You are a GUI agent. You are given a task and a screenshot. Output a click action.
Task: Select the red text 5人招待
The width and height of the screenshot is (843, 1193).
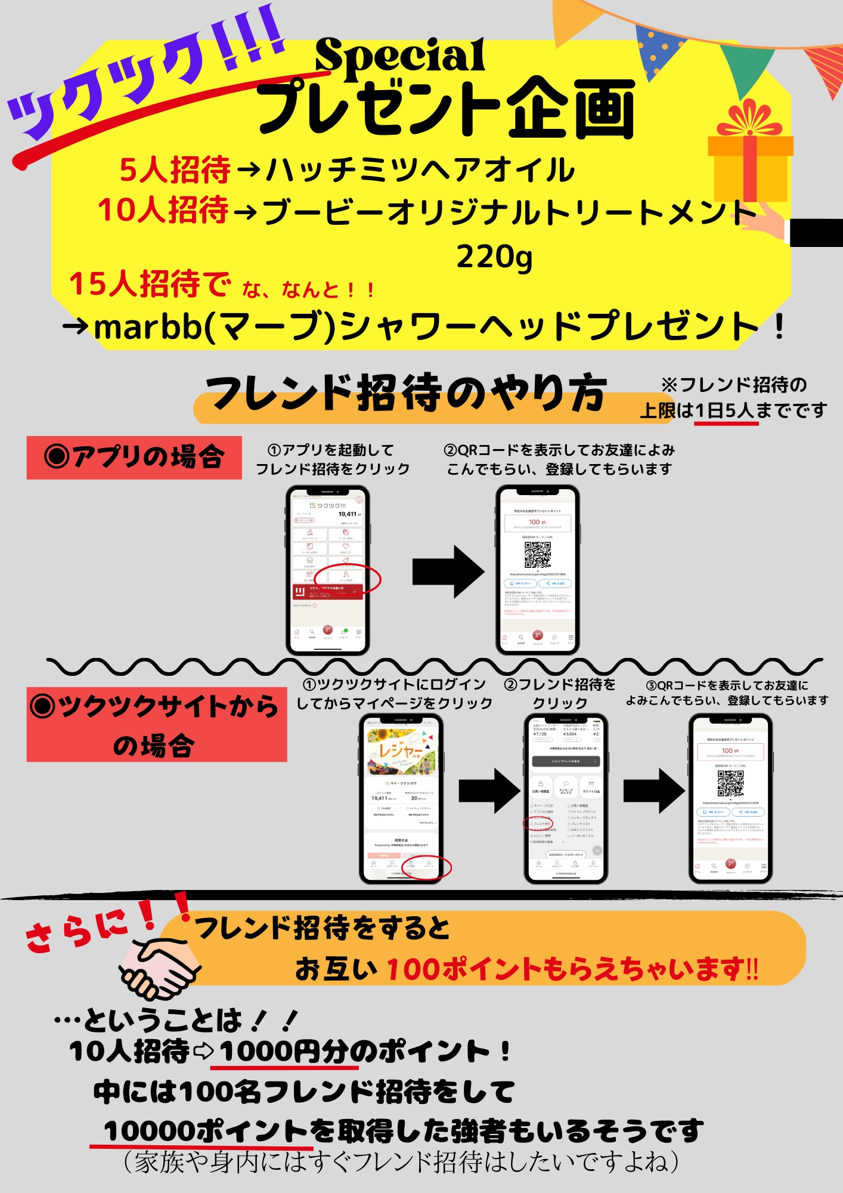coord(175,169)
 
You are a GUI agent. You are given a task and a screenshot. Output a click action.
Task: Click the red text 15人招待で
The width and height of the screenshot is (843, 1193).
coord(149,284)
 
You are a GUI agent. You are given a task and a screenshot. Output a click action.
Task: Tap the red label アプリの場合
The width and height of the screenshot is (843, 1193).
coord(134,458)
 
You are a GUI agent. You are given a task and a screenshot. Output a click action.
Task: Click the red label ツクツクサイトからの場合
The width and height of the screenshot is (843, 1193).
coord(156,725)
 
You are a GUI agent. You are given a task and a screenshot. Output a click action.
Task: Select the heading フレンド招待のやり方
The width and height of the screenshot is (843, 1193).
coord(405,394)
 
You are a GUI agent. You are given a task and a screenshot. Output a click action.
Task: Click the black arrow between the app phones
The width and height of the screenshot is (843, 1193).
coord(448,571)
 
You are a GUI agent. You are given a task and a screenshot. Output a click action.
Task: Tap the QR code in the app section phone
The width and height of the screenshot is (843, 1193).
coord(537,555)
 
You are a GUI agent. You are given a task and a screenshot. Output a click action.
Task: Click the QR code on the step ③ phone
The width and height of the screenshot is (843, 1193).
coord(730,783)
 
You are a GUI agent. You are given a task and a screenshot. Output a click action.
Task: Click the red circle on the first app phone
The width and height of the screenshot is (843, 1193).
coord(348,579)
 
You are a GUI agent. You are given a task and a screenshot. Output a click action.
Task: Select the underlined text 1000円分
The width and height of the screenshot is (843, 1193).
coord(289,1051)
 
